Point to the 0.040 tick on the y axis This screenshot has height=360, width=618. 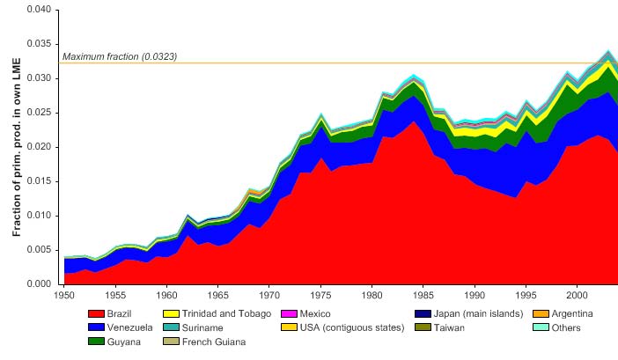pyautogui.click(x=42, y=10)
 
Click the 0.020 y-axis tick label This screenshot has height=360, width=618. pyautogui.click(x=42, y=147)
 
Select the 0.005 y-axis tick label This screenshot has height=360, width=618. pyautogui.click(x=42, y=250)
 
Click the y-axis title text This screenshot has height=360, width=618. pyautogui.click(x=17, y=147)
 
